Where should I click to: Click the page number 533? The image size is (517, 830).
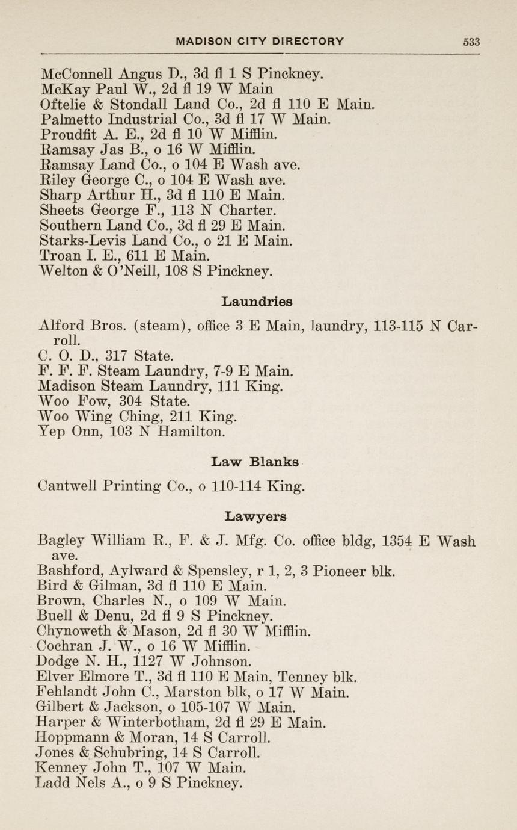[x=471, y=42]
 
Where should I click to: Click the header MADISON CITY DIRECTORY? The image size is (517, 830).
[x=260, y=42]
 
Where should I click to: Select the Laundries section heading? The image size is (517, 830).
[x=257, y=300]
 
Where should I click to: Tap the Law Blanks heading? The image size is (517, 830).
[x=255, y=462]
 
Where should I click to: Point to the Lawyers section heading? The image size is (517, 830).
[x=255, y=516]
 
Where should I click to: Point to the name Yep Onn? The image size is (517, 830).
[x=62, y=431]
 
